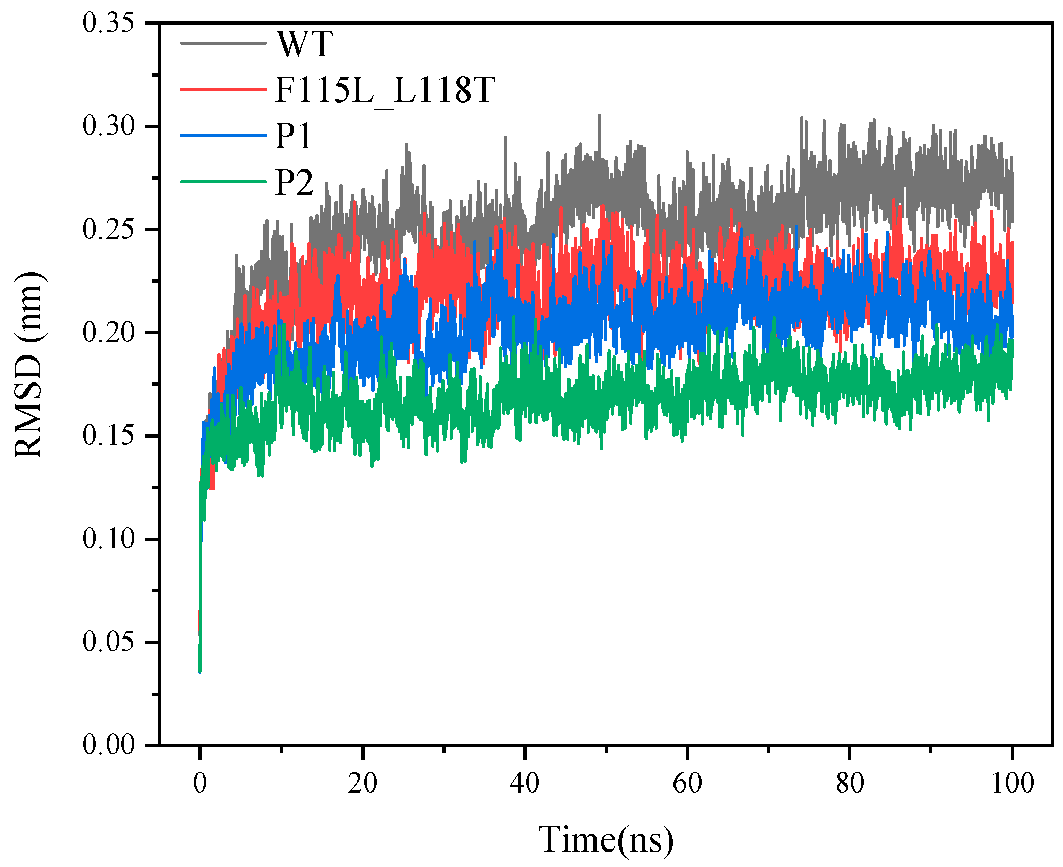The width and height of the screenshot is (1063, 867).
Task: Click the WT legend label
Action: coord(305,44)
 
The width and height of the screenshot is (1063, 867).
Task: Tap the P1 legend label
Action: coord(293,136)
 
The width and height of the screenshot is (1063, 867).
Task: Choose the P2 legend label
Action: coord(294,182)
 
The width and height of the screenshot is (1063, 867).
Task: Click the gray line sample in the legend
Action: coord(223,43)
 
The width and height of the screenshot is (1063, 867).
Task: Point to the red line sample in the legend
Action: coord(223,89)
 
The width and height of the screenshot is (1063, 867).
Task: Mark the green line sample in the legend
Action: coord(223,182)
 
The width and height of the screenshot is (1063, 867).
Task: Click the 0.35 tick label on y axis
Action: coord(108,23)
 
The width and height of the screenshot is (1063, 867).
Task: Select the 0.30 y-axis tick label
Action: coord(108,126)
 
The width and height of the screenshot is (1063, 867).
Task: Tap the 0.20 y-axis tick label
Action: coord(108,333)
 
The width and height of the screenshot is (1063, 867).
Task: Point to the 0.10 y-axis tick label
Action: coord(108,539)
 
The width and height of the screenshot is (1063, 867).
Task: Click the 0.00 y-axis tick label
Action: coord(108,745)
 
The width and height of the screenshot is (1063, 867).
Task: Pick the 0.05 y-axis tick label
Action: coord(108,642)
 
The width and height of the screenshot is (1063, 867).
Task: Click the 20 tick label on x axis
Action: coord(362,783)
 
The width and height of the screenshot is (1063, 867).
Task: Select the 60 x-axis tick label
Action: coord(687,783)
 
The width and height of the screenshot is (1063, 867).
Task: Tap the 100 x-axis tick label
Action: coord(1012,783)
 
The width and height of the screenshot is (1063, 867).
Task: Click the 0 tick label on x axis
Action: coord(200,783)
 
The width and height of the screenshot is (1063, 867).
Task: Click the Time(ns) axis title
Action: coord(606,840)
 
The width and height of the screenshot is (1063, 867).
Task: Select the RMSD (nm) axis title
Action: coord(29,365)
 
